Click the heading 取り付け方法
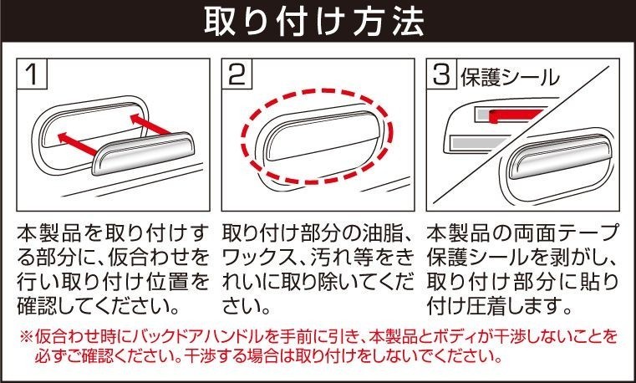[x=314, y=21]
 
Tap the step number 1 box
[x=33, y=74]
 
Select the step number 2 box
[x=237, y=74]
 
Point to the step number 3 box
[x=442, y=74]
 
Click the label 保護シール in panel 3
[x=510, y=77]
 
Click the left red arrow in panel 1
[x=78, y=144]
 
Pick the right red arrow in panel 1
[x=150, y=124]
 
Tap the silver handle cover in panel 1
[x=143, y=153]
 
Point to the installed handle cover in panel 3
[x=560, y=156]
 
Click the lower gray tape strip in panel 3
[x=476, y=143]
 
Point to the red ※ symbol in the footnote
[x=27, y=337]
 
